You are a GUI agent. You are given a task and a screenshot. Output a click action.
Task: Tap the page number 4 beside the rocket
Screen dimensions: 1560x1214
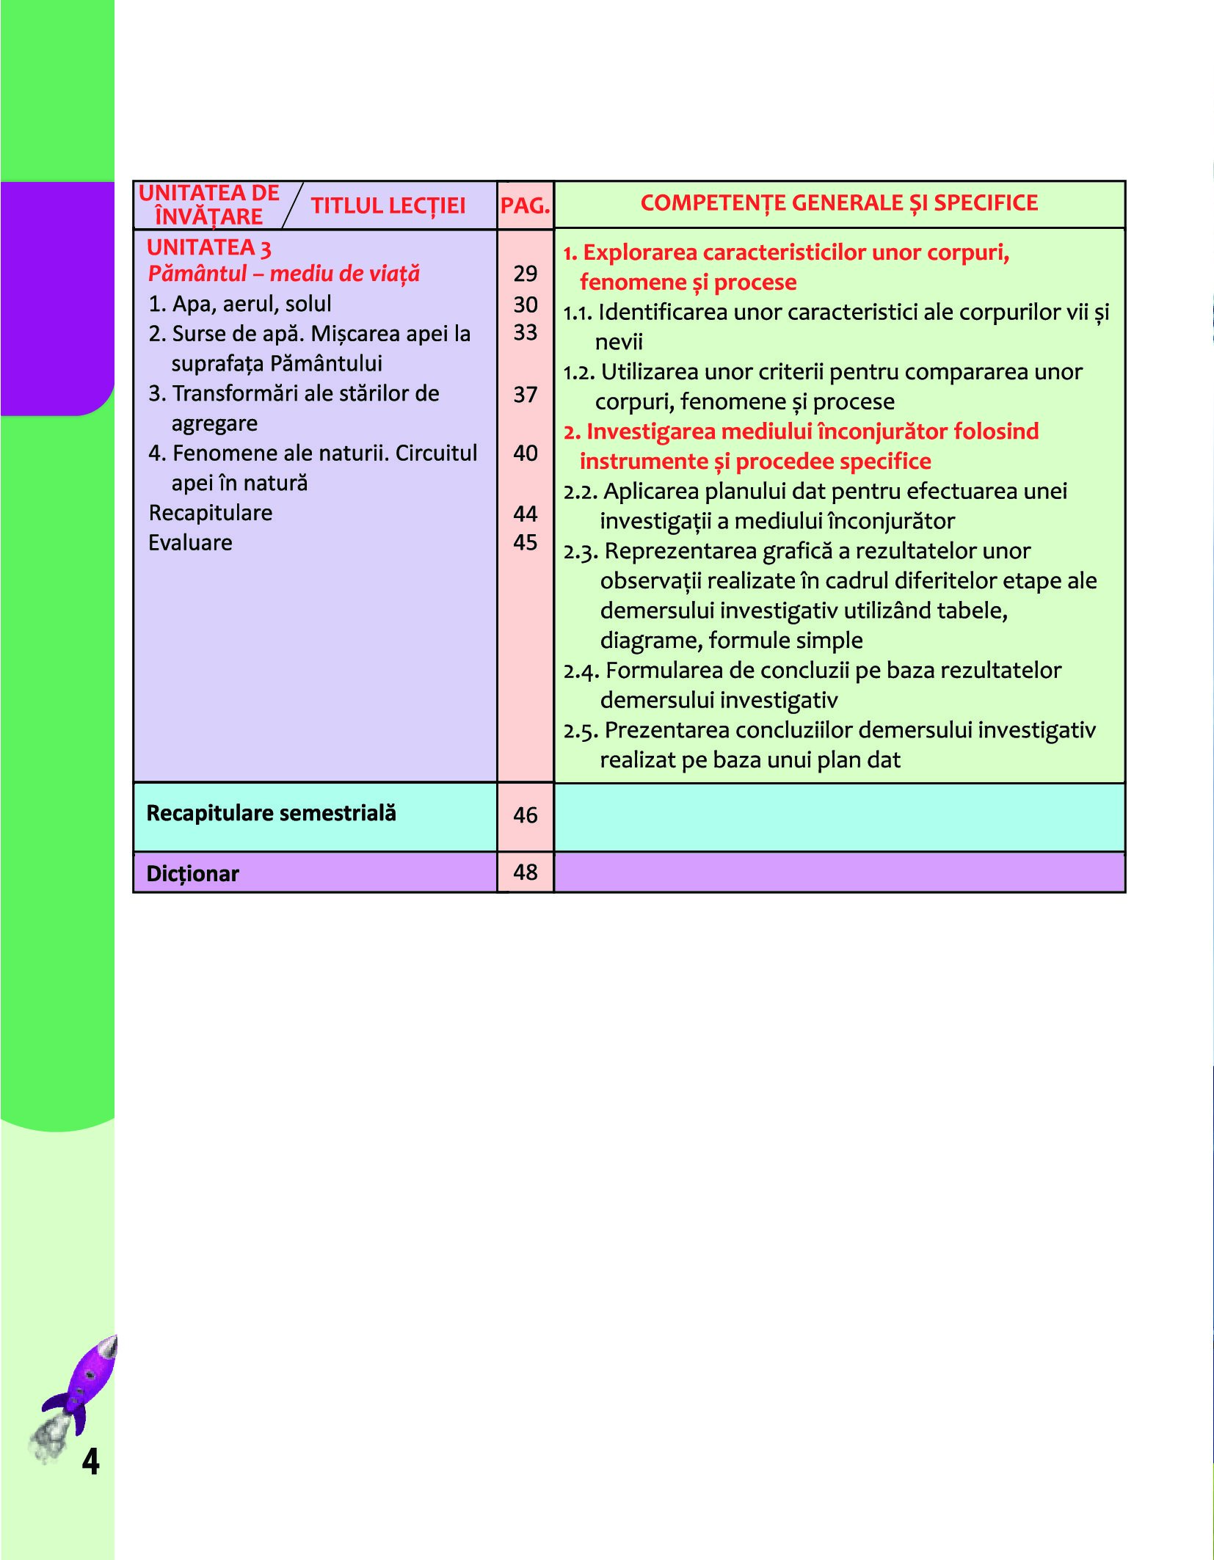90,1461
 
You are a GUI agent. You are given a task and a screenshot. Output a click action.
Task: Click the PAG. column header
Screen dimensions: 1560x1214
525,205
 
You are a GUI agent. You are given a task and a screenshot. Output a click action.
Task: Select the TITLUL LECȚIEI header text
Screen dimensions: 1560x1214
388,205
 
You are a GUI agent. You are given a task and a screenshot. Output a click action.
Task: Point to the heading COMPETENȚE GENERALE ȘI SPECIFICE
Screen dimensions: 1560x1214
839,203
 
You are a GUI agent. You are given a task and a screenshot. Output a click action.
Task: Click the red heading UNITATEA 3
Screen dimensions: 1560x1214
209,248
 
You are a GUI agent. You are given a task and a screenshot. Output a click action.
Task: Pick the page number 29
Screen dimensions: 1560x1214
526,274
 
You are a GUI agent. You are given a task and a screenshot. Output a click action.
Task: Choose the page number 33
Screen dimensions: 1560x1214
526,332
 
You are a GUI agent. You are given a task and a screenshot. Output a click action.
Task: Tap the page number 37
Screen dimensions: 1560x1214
526,395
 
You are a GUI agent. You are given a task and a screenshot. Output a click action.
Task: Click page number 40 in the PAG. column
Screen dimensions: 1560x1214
526,453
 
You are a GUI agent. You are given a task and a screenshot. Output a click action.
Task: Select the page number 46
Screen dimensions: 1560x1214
526,815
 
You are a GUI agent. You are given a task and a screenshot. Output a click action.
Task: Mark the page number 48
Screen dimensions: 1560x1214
526,872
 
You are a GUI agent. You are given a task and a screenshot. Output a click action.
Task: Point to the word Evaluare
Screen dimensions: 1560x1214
190,543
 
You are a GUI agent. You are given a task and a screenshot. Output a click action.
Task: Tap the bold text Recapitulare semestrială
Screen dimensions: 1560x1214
271,813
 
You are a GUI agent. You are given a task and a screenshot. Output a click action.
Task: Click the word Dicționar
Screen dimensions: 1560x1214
193,874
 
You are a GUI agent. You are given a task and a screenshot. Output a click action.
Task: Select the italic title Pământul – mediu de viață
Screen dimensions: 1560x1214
283,274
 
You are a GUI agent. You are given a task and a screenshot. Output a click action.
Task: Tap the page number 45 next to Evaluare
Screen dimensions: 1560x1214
526,542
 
